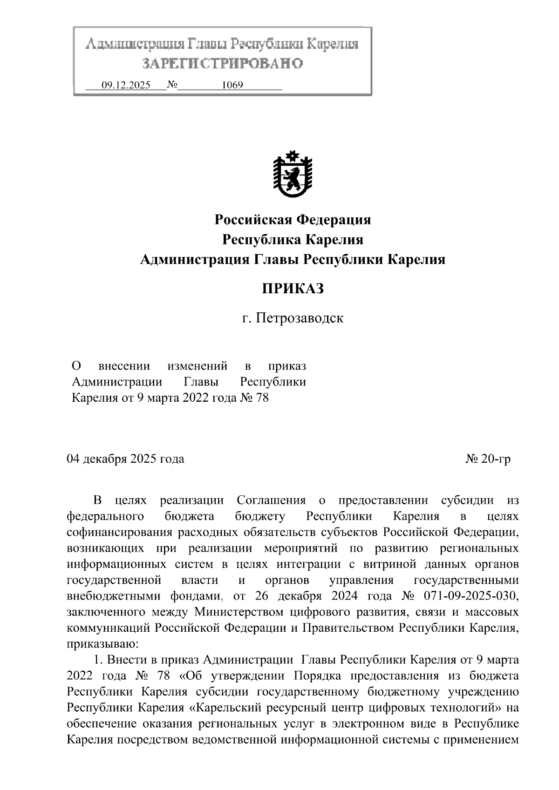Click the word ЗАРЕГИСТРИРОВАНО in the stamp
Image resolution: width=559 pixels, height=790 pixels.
point(222,63)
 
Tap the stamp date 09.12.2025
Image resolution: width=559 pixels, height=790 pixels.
point(126,86)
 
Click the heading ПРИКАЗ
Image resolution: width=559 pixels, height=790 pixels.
point(293,289)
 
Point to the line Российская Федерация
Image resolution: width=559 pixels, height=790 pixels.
point(293,219)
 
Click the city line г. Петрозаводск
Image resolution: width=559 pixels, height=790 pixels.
point(293,318)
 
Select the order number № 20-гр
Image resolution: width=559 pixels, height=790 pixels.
point(488,459)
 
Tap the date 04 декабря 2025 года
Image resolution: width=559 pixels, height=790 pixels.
point(126,459)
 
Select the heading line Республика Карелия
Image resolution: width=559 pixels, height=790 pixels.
point(293,240)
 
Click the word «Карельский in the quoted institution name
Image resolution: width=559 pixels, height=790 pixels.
point(225,708)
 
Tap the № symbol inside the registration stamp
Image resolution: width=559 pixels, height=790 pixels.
point(172,85)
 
